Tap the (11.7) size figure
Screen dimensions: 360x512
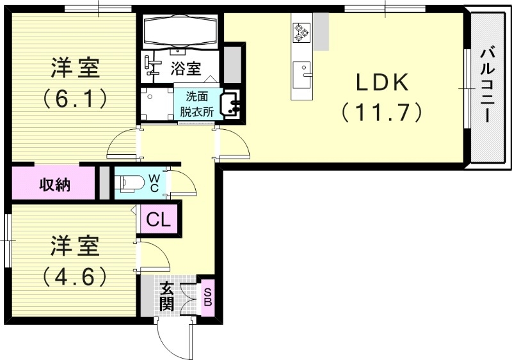click(x=382, y=113)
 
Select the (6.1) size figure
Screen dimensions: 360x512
click(x=75, y=98)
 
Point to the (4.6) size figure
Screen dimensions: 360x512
click(x=75, y=276)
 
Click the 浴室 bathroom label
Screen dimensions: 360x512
click(x=186, y=68)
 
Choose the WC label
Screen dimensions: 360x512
click(x=154, y=183)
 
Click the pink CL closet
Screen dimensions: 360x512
click(x=159, y=219)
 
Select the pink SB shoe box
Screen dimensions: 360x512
click(x=207, y=297)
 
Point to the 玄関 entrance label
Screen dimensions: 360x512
click(x=166, y=296)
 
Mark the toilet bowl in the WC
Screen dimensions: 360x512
click(x=128, y=183)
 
